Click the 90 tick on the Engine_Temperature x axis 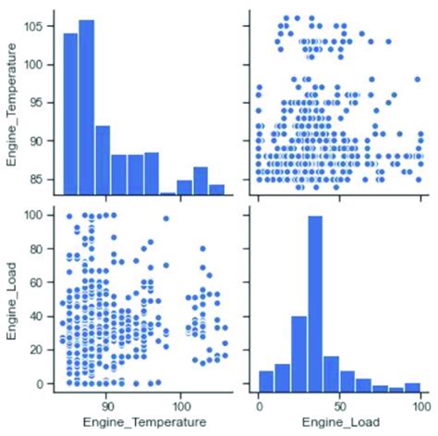[x=107, y=404]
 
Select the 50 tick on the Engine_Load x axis [x=339, y=404]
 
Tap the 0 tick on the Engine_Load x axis [x=259, y=404]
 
